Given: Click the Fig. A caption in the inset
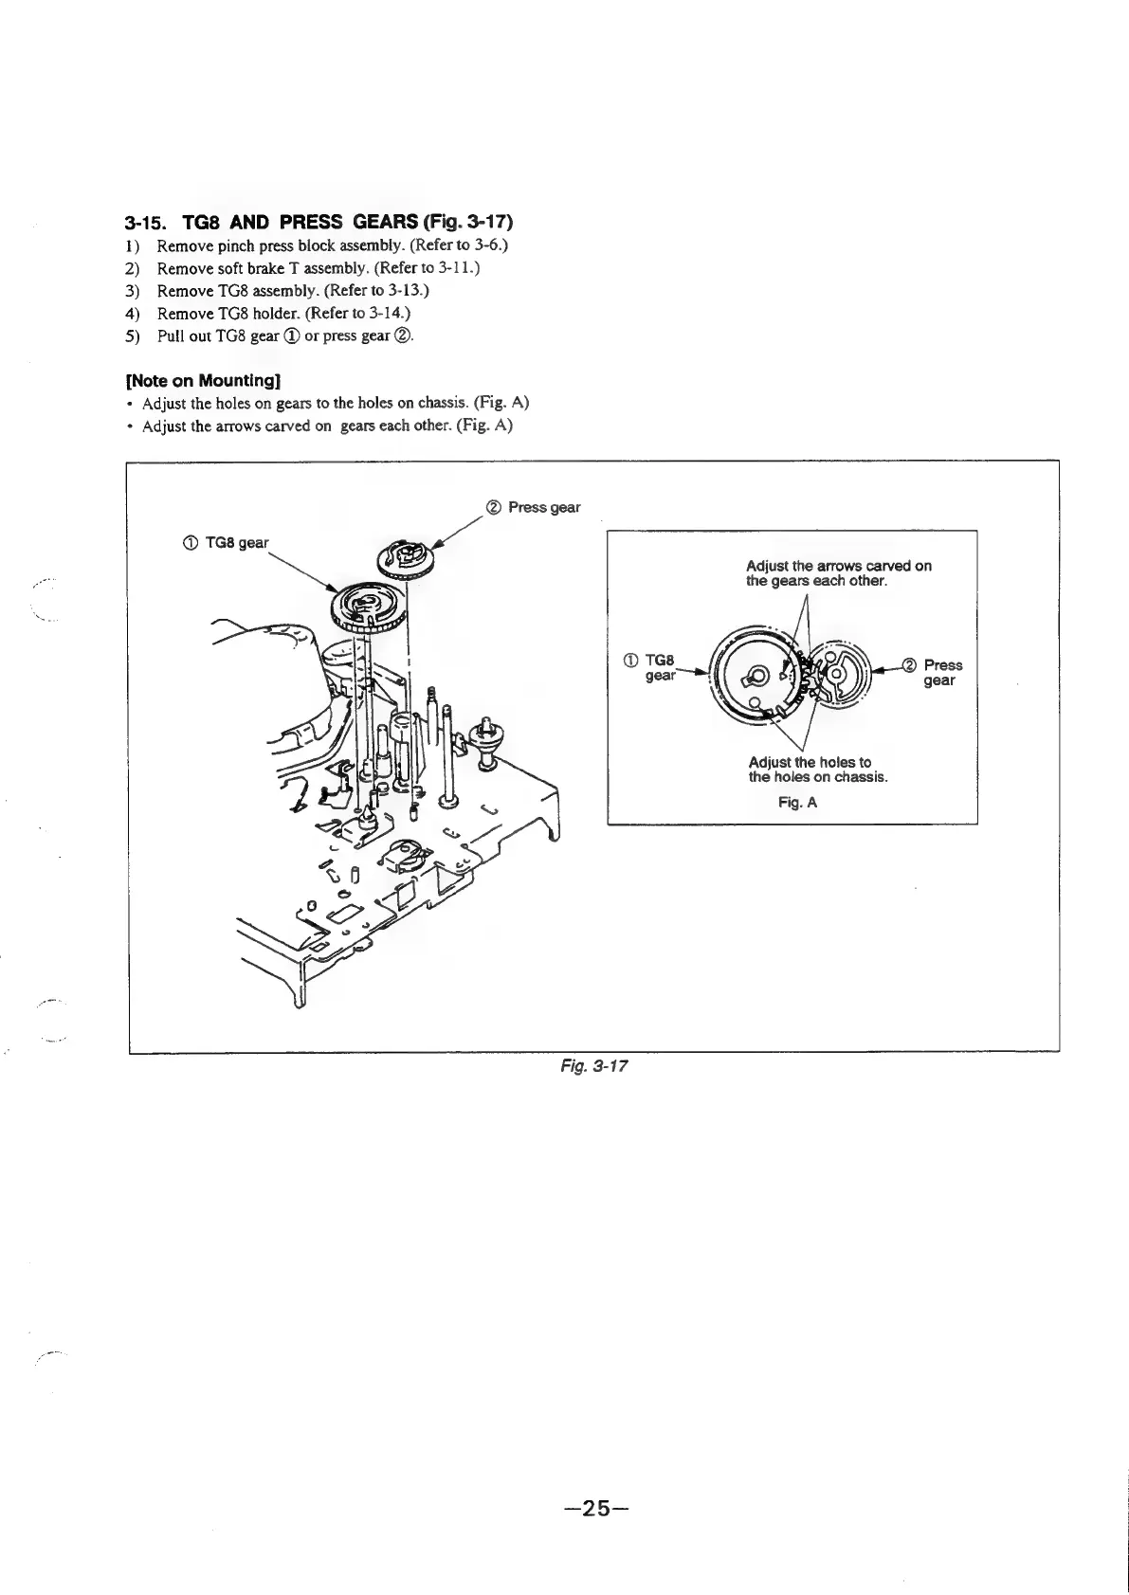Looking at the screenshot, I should click(x=797, y=803).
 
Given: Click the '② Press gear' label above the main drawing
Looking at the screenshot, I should click(x=533, y=507).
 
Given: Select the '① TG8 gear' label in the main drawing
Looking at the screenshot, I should click(x=219, y=543).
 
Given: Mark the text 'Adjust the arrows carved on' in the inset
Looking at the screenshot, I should click(x=839, y=566).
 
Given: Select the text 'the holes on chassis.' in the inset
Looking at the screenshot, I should click(x=818, y=777).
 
